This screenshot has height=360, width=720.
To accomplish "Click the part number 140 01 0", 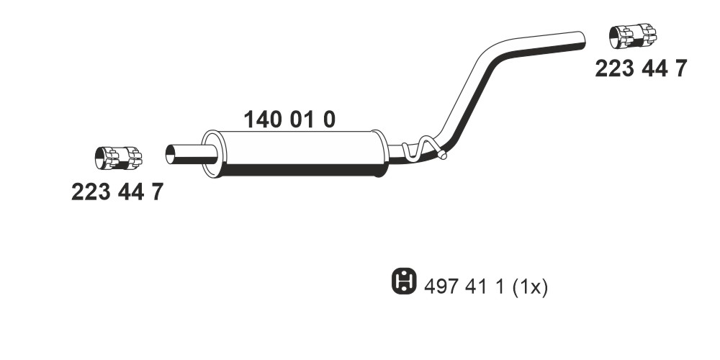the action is click(289, 120).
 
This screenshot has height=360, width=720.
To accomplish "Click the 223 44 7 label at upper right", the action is click(641, 69).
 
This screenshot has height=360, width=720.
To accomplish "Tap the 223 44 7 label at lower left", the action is click(117, 192).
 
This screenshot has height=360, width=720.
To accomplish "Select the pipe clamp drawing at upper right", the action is click(633, 36).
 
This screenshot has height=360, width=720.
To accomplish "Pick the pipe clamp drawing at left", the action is click(118, 158).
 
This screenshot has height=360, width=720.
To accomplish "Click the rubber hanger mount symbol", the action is click(404, 281).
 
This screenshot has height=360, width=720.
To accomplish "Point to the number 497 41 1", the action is click(464, 287).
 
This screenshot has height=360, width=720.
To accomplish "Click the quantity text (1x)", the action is click(530, 288).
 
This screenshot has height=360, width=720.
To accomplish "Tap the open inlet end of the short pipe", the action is click(170, 154).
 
